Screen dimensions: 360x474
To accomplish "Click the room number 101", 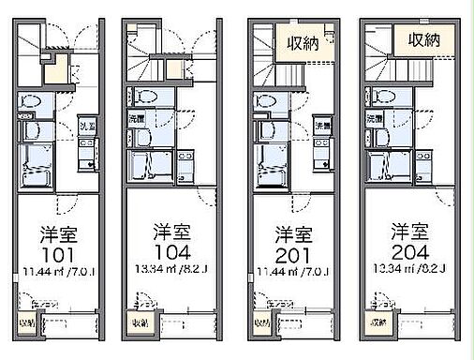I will click(55, 255).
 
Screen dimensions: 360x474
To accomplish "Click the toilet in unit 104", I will click(145, 97).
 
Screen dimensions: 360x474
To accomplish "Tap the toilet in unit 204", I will click(383, 97).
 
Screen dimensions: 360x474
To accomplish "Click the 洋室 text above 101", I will click(55, 232).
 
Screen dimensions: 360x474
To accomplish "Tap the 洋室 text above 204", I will click(409, 230).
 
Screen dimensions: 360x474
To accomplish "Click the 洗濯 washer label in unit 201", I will click(323, 125).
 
